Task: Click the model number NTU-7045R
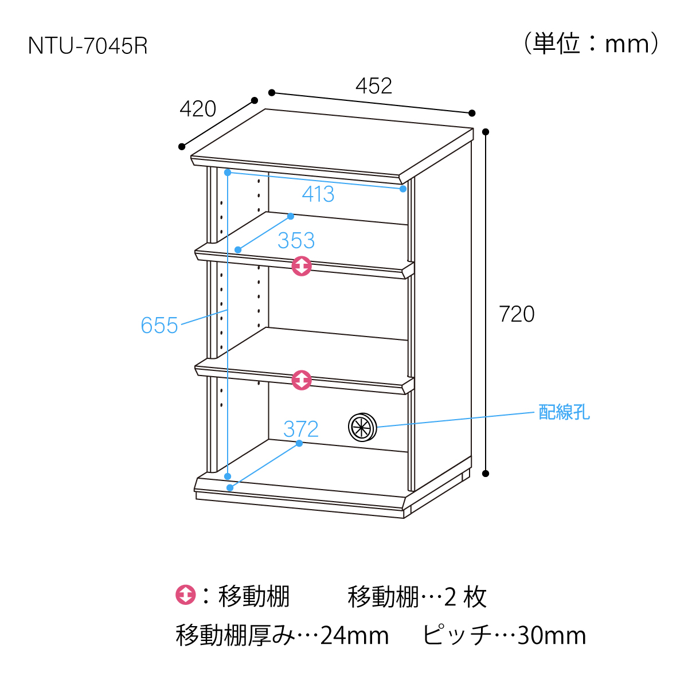[x=88, y=46]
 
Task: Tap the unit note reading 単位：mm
[x=591, y=44]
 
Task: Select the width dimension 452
[x=373, y=86]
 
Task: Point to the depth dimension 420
[x=198, y=109]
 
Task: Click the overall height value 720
[x=516, y=314]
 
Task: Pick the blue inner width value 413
[x=318, y=194]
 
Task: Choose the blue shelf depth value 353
[x=296, y=240]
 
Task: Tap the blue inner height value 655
[x=159, y=325]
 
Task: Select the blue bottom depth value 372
[x=300, y=429]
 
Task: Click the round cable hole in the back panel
[x=362, y=427]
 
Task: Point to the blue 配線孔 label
[x=564, y=412]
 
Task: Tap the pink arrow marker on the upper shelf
[x=302, y=266]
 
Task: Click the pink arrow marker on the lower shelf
[x=302, y=380]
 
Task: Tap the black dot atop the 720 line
[x=486, y=132]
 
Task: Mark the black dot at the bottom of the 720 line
[x=486, y=474]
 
